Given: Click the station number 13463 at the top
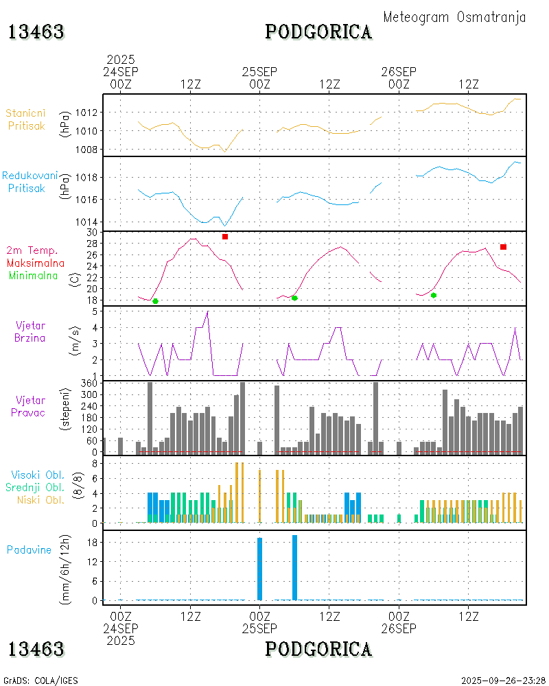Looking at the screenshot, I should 36,32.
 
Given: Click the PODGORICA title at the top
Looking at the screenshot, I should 318,32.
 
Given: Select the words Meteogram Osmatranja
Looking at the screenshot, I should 454,17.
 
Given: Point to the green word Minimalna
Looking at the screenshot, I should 33,275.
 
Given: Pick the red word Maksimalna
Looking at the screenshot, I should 36,263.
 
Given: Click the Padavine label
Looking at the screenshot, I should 29,549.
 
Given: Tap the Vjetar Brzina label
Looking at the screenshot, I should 31,331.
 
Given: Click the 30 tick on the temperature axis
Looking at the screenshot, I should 93,233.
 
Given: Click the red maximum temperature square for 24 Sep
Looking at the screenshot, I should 225,237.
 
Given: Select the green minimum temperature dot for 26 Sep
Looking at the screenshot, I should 434,295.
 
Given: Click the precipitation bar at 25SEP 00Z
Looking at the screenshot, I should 259,569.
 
